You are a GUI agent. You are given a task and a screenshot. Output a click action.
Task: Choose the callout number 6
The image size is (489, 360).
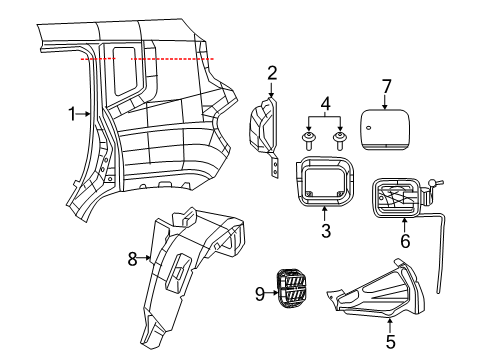405,240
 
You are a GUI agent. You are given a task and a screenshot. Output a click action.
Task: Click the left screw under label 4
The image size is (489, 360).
309,137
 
